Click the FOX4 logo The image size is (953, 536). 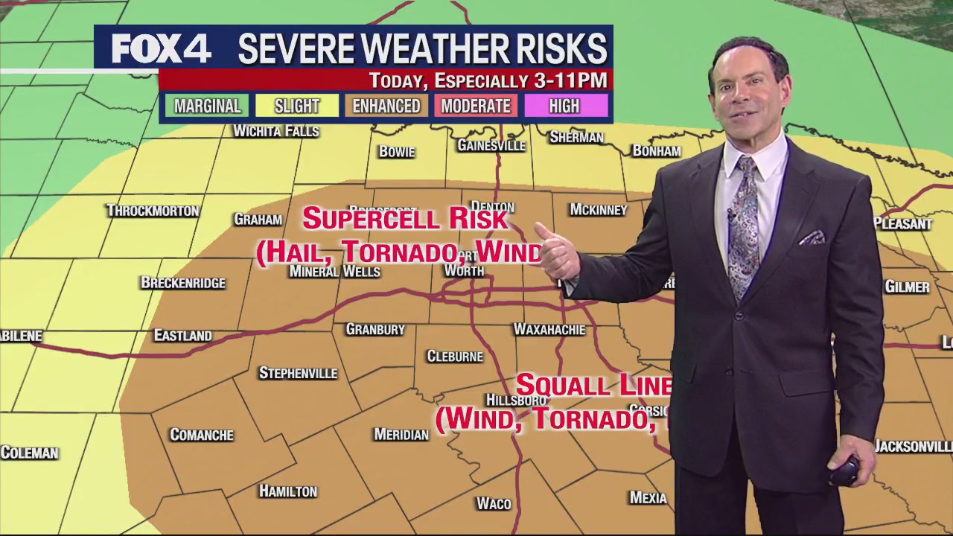161,49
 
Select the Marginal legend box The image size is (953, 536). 207,106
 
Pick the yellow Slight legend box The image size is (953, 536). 296,106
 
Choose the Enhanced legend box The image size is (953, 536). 386,106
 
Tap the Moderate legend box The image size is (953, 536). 475,106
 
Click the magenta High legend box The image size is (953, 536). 564,106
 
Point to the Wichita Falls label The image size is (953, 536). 275,132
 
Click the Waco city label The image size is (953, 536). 494,504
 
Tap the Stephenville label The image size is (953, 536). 298,373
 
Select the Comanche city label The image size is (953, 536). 202,435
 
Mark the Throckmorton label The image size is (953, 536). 153,211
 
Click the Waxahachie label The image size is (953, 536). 549,329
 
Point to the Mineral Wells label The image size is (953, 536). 334,272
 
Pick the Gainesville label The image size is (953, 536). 491,145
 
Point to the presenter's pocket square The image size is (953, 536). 812,237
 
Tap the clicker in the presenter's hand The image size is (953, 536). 845,471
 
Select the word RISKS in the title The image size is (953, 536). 567,49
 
